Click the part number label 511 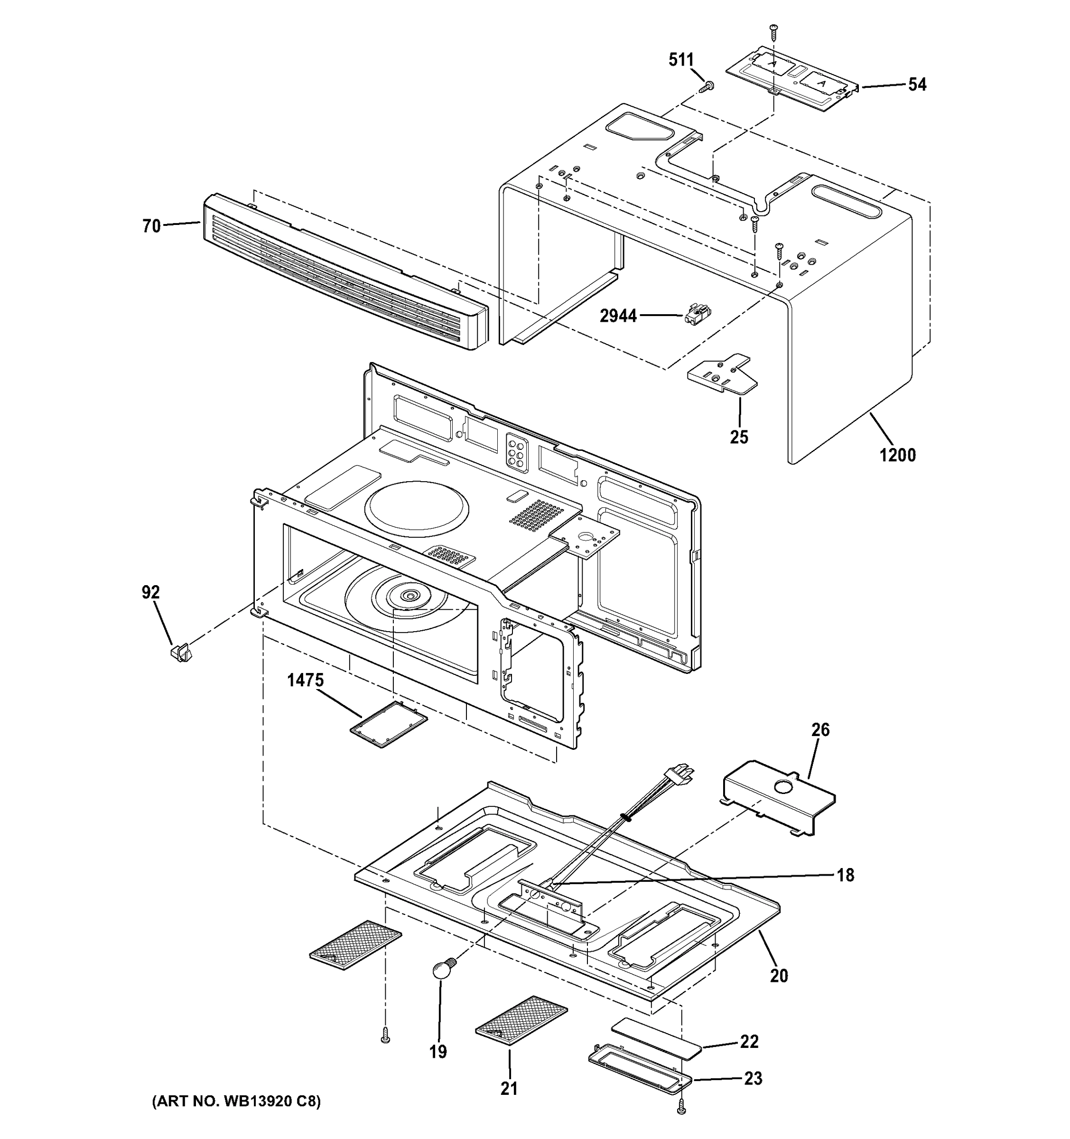coord(680,60)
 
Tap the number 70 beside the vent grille coord(151,226)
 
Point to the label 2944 coord(618,316)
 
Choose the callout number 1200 coord(898,456)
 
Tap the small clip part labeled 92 coord(181,653)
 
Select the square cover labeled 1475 coord(389,725)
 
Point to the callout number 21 coord(509,1089)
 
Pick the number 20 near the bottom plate coord(779,976)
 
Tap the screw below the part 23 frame coord(681,1108)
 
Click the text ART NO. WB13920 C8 coord(236,1101)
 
